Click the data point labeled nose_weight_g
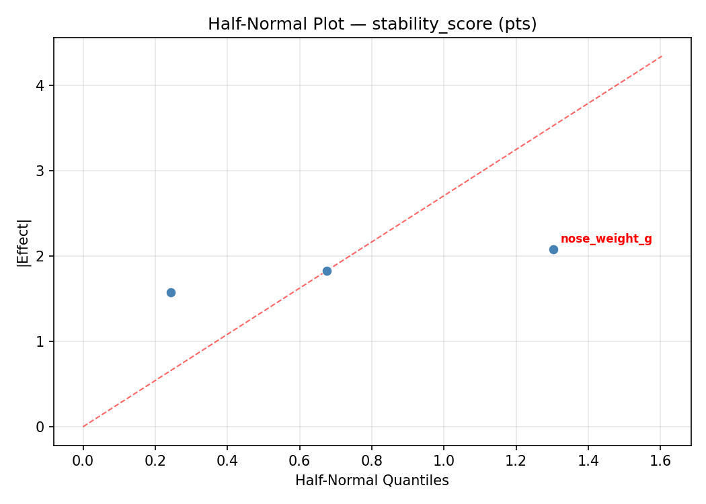click(553, 249)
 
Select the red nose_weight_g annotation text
click(606, 239)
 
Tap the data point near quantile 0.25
click(171, 292)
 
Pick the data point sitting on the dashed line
click(327, 271)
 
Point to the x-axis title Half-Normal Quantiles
click(372, 480)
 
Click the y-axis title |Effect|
click(24, 243)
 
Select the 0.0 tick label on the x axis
click(83, 461)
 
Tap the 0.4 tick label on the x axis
click(227, 461)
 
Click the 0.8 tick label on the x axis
click(372, 461)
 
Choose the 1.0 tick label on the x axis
click(444, 461)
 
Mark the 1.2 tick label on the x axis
click(516, 461)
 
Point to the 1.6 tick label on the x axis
click(660, 461)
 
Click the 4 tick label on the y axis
click(41, 85)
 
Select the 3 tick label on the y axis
click(41, 171)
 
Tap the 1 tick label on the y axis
click(41, 341)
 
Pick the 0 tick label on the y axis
click(41, 427)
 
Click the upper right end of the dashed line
click(662, 56)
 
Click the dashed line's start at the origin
click(83, 426)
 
